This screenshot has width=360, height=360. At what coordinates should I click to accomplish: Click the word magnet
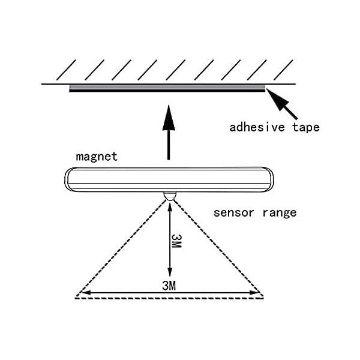[x=97, y=157]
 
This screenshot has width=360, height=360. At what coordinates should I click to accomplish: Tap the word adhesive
[x=257, y=127]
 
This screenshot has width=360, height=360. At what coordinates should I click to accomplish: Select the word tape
[x=306, y=127]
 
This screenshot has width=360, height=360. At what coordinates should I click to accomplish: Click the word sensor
[x=233, y=213]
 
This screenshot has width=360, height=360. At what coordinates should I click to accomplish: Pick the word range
[x=280, y=213]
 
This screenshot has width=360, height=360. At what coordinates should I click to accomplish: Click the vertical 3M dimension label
[x=176, y=241]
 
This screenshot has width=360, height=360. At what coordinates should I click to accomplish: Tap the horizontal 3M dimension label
[x=169, y=286]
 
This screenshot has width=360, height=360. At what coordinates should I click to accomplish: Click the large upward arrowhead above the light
[x=169, y=118]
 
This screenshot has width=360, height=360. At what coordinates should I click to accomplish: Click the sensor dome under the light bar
[x=170, y=196]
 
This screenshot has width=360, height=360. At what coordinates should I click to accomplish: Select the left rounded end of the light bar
[x=68, y=179]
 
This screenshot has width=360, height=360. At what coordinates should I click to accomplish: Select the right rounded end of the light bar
[x=269, y=179]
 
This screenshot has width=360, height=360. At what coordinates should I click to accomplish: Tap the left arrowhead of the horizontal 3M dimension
[x=86, y=293]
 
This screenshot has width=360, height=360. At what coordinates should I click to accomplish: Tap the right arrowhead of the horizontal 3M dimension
[x=254, y=293]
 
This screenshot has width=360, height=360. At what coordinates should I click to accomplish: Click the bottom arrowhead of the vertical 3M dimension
[x=170, y=272]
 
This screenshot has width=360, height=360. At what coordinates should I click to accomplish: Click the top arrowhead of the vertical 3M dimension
[x=170, y=206]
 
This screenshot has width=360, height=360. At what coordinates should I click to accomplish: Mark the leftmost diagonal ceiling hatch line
[x=66, y=70]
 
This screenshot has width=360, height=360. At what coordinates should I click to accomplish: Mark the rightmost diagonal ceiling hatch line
[x=283, y=70]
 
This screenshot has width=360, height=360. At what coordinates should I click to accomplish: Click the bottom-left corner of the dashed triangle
[x=76, y=298]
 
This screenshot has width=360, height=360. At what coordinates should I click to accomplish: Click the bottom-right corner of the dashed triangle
[x=264, y=298]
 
